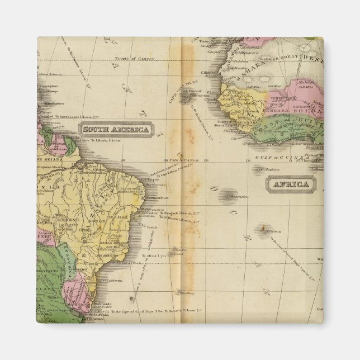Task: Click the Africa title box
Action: pos(290,184)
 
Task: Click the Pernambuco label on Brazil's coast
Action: pos(158,198)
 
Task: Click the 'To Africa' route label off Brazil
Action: pos(151,255)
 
